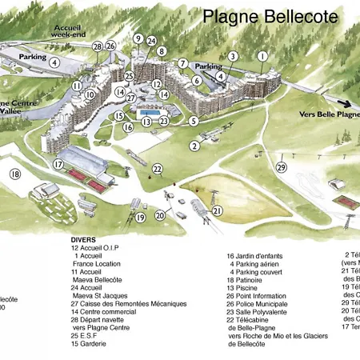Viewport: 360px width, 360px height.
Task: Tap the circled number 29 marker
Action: [x=281, y=166]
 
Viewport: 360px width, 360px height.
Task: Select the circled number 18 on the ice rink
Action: [x=14, y=174]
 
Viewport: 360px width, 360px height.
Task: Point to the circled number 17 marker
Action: [x=58, y=164]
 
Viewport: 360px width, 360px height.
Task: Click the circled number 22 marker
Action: [x=158, y=169]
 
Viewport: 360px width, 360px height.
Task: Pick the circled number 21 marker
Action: [x=218, y=210]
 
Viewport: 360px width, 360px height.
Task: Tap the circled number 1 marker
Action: [x=262, y=56]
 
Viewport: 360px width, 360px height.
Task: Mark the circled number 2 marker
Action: [x=194, y=146]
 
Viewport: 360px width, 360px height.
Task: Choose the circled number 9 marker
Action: [x=138, y=38]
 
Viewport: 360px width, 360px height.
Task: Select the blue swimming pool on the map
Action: [x=145, y=122]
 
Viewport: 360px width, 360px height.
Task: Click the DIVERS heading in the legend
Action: [x=83, y=239]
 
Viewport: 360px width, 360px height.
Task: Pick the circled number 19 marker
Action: [x=140, y=217]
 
